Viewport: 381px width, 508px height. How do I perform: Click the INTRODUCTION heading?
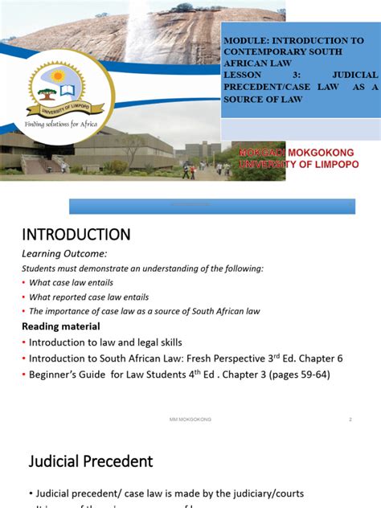click(75, 235)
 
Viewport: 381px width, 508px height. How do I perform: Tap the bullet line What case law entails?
click(72, 282)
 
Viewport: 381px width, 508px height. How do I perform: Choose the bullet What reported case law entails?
click(88, 297)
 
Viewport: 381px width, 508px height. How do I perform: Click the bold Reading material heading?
click(60, 326)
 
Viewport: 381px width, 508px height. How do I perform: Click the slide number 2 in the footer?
click(350, 420)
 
